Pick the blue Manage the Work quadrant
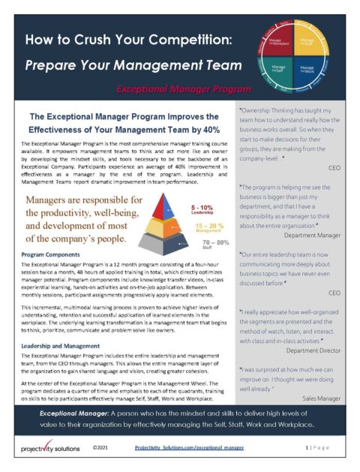click(x=307, y=70)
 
